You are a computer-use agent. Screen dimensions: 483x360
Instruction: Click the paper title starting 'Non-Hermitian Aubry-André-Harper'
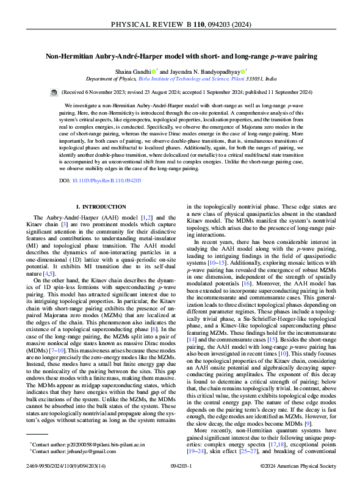180,57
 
